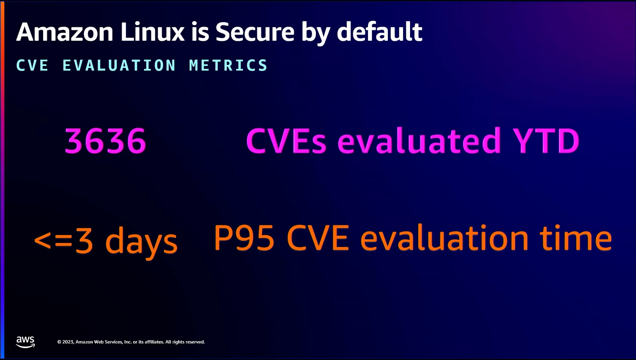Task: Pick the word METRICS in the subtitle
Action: point(228,65)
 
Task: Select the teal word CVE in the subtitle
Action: point(32,65)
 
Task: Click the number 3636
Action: point(105,141)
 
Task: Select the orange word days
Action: point(142,242)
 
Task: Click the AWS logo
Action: point(25,342)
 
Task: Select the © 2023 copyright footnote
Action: point(131,342)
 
